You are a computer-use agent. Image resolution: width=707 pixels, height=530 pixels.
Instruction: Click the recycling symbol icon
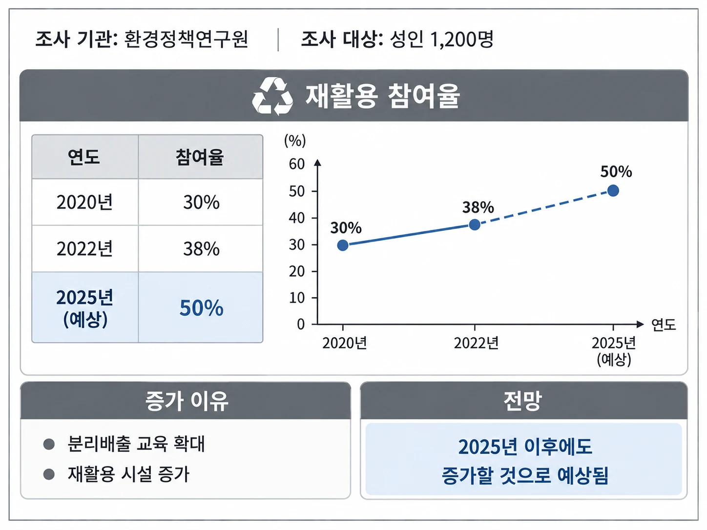click(272, 96)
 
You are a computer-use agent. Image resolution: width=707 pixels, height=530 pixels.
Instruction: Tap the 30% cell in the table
click(201, 202)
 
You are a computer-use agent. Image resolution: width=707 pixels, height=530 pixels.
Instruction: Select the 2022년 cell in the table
click(84, 248)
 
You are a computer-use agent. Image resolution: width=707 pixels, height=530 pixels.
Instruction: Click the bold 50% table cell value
click(201, 307)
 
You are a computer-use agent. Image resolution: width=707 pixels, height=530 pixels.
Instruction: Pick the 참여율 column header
click(200, 157)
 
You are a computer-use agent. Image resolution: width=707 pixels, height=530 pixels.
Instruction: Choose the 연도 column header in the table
click(84, 157)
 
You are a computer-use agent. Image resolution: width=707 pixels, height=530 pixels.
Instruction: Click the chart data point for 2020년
click(343, 245)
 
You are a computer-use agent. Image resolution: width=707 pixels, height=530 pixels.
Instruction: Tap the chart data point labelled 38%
click(475, 224)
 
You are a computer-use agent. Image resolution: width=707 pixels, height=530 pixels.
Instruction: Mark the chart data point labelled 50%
click(613, 190)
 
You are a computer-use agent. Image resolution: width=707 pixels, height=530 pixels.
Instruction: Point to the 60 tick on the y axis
click(297, 164)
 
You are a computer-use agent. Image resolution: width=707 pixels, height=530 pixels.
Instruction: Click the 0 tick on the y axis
click(301, 325)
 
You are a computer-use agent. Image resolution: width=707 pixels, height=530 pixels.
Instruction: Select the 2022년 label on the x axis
click(476, 344)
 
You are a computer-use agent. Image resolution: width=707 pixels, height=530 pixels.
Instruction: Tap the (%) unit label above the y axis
click(295, 141)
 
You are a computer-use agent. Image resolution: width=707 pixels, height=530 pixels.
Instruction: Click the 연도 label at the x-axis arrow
click(663, 325)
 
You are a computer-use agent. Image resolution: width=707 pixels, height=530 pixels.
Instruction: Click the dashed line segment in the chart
click(544, 207)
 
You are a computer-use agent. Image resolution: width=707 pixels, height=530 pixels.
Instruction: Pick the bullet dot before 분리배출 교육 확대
click(49, 445)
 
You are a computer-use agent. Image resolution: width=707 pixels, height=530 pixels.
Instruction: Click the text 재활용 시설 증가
click(128, 474)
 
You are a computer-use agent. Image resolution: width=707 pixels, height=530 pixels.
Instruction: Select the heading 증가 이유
click(187, 401)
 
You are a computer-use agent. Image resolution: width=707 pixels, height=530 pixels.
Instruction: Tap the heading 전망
click(522, 401)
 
